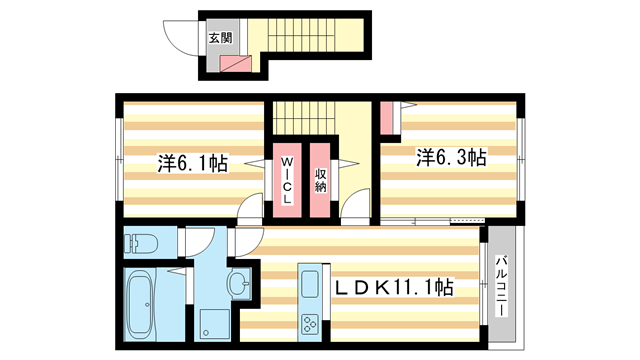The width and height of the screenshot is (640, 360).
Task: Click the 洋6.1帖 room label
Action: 193,163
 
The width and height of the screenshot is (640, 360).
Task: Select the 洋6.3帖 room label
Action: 451,157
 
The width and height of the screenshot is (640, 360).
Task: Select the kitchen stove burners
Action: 310,324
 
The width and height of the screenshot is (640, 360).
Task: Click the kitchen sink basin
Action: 310,278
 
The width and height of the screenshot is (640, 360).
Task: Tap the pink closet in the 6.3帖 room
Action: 386,119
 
